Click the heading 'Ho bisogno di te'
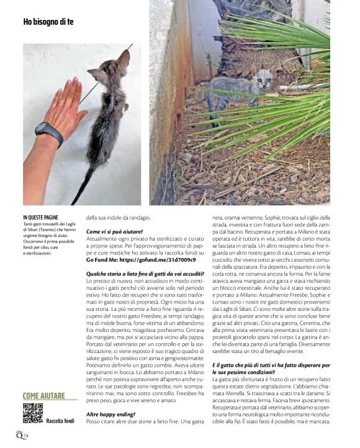point(48,22)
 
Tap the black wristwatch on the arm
point(48,133)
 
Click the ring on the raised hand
point(60,100)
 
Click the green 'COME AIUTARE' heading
point(44,396)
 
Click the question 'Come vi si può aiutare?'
point(114,231)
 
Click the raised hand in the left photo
point(65,109)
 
